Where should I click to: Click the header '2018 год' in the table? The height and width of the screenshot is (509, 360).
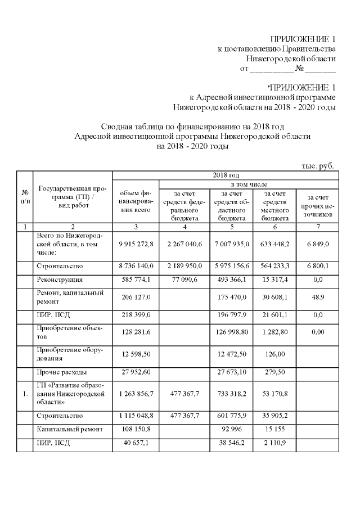click(x=226, y=175)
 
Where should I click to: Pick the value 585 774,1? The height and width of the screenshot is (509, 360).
click(x=136, y=279)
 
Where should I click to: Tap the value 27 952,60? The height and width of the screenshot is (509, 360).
click(x=136, y=373)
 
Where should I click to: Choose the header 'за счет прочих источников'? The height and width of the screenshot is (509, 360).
click(x=318, y=206)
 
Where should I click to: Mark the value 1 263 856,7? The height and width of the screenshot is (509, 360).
click(x=136, y=394)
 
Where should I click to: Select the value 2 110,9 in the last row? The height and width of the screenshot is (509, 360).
click(x=274, y=443)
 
